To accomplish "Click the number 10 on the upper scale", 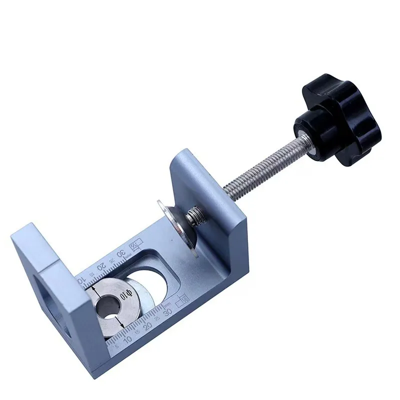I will click(x=82, y=278).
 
